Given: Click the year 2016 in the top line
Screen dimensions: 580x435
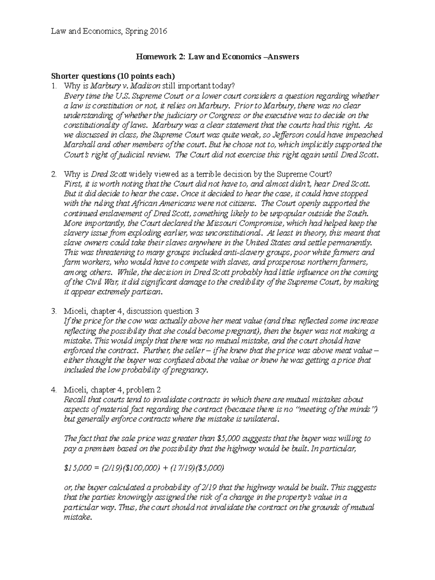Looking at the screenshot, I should pyautogui.click(x=158, y=31).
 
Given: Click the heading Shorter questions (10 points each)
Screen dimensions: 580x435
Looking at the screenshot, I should pyautogui.click(x=113, y=76).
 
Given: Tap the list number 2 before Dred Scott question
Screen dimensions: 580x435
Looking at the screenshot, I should pyautogui.click(x=54, y=174).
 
